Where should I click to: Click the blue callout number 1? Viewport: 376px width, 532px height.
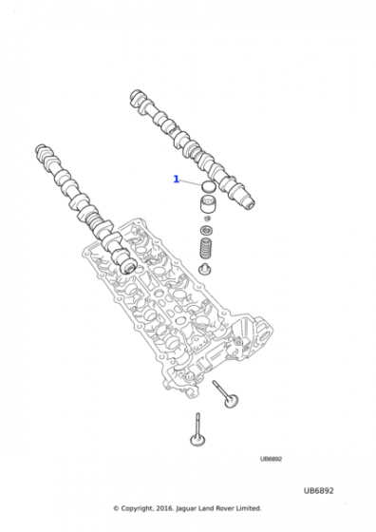pos(176,179)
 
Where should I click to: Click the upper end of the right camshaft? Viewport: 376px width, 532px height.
pos(136,97)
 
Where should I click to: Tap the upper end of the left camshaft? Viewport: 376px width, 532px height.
pos(43,152)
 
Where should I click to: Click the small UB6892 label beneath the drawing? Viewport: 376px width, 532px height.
pos(273,458)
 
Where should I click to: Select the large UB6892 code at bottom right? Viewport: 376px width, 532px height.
pos(318,489)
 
